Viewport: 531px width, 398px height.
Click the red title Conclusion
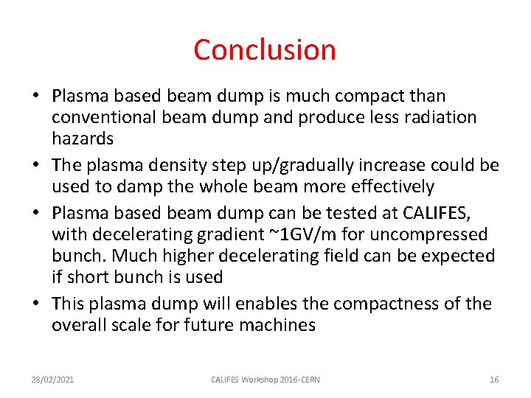(x=265, y=50)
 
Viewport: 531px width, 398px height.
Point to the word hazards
(x=83, y=139)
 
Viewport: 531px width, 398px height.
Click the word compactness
(x=412, y=304)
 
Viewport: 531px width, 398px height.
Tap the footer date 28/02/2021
(x=52, y=380)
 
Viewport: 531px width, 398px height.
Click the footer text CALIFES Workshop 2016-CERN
(x=265, y=380)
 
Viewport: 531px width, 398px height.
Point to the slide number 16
(x=494, y=380)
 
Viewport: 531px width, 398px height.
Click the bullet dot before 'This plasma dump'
(x=35, y=304)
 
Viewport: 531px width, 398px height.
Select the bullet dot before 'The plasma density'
(x=35, y=166)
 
